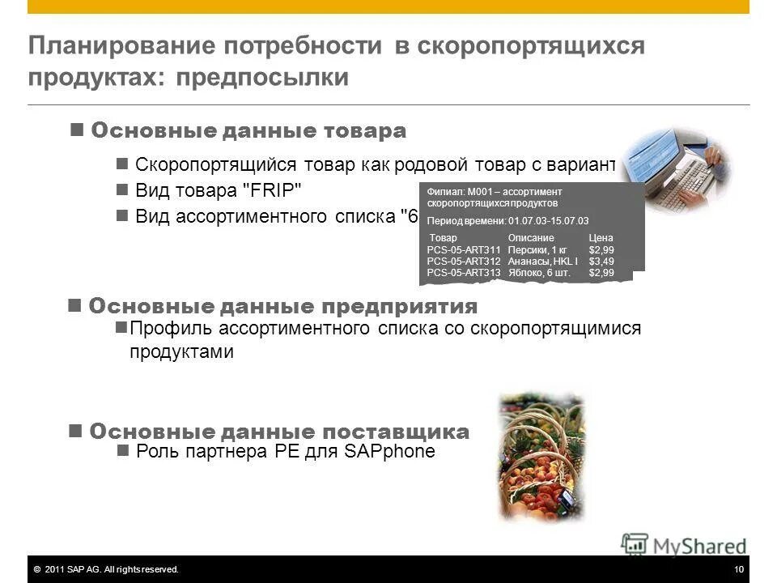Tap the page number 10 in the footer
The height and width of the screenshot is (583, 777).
coord(738,570)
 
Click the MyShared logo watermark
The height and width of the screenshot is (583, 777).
coord(684,545)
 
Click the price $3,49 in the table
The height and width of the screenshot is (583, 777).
coord(601,262)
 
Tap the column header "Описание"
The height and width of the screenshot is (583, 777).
coord(531,238)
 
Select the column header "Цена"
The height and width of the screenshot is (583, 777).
coord(601,238)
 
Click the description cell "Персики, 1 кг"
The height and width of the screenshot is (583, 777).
coord(537,250)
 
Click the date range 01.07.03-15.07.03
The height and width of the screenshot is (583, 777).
coord(549,220)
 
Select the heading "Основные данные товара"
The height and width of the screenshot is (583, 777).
coord(248,130)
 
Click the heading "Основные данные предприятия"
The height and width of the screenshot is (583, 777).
coord(282,307)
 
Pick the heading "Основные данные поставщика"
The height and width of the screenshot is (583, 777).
coord(278,431)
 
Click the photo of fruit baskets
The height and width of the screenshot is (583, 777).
coord(540,457)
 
